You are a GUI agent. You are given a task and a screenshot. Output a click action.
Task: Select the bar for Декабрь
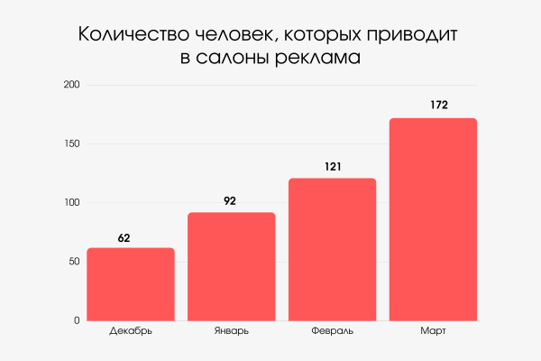[131, 284]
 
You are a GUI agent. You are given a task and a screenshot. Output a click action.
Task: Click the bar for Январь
[232, 266]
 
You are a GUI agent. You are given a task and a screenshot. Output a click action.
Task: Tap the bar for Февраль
[333, 249]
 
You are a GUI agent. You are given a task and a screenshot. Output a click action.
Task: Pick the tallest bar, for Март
[433, 219]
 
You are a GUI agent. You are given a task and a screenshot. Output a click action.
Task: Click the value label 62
[124, 238]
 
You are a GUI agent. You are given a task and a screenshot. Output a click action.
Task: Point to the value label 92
[230, 201]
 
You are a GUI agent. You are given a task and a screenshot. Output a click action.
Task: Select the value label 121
[332, 167]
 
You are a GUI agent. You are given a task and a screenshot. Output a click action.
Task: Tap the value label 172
[439, 106]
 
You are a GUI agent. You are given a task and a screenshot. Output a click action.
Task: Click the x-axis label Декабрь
[131, 331]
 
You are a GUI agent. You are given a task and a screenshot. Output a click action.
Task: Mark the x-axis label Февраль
[333, 331]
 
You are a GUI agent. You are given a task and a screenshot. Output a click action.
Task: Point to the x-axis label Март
[433, 331]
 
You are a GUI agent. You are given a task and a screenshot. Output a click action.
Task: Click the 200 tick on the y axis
[71, 85]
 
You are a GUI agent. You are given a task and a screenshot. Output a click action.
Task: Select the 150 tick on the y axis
[71, 143]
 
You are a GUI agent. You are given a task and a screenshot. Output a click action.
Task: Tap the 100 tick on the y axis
[71, 202]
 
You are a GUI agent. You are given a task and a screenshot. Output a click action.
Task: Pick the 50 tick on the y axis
[74, 262]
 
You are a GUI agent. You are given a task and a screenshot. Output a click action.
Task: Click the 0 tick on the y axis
[77, 320]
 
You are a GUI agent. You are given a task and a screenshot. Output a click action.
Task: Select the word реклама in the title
[321, 60]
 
